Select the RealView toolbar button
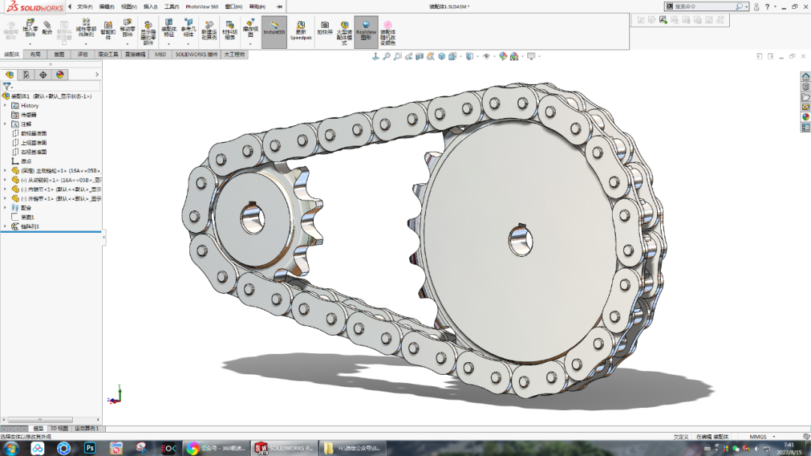click(366, 32)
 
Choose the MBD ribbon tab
click(161, 55)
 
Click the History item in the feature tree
click(29, 105)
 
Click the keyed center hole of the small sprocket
click(253, 219)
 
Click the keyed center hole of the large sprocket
click(520, 240)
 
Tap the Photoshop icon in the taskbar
click(89, 448)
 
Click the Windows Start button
click(12, 448)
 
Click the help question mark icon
click(756, 7)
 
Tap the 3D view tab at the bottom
click(59, 428)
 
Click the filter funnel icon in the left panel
click(7, 86)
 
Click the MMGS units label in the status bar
click(758, 436)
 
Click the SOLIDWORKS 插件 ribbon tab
click(196, 55)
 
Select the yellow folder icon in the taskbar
click(328, 448)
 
